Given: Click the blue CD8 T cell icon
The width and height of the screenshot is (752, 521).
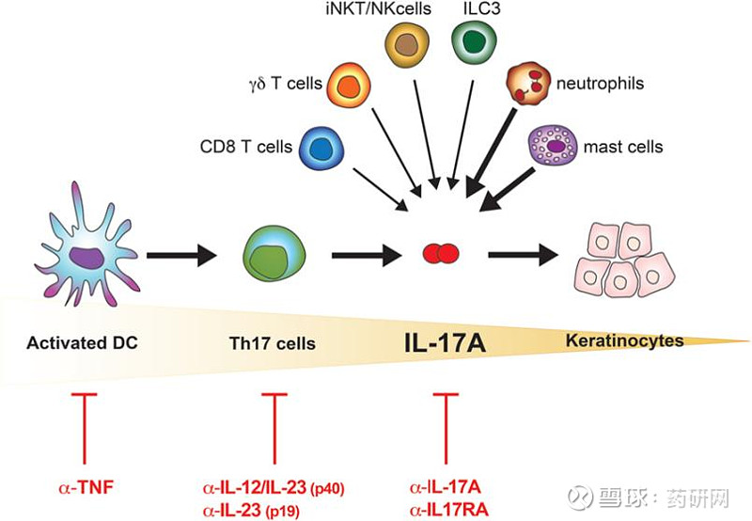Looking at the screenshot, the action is pyautogui.click(x=321, y=148).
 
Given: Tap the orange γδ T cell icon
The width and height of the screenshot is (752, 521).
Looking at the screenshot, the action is pyautogui.click(x=349, y=85).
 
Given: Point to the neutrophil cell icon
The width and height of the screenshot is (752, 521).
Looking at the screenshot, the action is pyautogui.click(x=527, y=84).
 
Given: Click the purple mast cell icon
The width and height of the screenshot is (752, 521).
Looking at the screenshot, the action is pyautogui.click(x=554, y=146).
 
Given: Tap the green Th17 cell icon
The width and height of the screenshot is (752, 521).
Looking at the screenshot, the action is pyautogui.click(x=274, y=255).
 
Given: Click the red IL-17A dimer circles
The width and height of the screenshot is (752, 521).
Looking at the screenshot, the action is pyautogui.click(x=441, y=253).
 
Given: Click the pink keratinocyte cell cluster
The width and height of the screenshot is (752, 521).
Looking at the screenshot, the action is pyautogui.click(x=624, y=260).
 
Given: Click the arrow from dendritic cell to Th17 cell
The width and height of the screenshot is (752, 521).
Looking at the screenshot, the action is pyautogui.click(x=181, y=255).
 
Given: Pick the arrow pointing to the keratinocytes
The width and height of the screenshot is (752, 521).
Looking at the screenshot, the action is pyautogui.click(x=524, y=255).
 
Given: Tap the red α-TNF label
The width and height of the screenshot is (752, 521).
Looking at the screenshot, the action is pyautogui.click(x=86, y=488).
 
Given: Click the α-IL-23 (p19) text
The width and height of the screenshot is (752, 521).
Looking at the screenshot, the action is pyautogui.click(x=251, y=511).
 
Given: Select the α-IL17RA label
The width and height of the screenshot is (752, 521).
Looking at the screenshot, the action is pyautogui.click(x=449, y=510).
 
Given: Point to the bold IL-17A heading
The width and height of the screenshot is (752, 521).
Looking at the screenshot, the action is pyautogui.click(x=445, y=343).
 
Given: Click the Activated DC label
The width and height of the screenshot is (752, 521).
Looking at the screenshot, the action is pyautogui.click(x=82, y=342).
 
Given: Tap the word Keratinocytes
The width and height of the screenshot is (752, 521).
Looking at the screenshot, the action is pyautogui.click(x=625, y=340).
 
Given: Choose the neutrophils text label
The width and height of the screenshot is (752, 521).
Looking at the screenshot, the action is pyautogui.click(x=600, y=84).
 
